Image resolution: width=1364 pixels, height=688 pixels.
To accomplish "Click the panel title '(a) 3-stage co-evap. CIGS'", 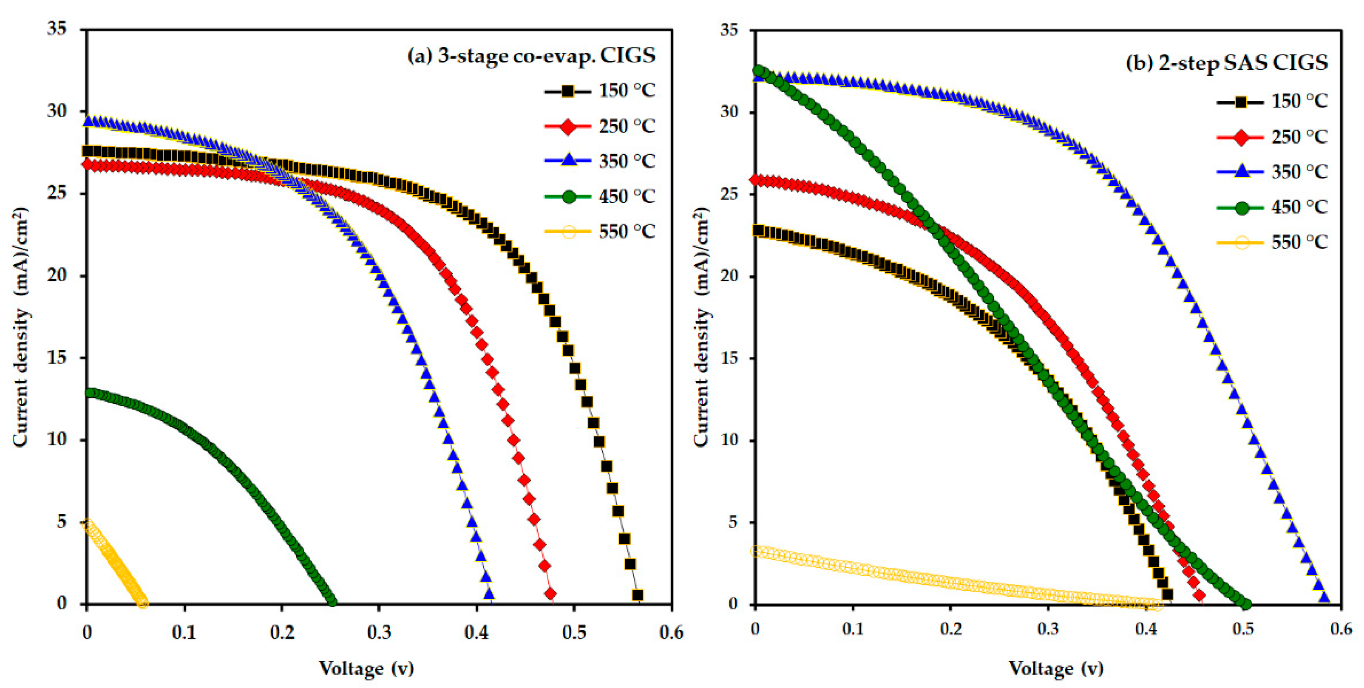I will coord(531,55).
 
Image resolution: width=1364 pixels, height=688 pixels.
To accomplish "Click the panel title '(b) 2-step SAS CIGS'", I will coord(1226,63).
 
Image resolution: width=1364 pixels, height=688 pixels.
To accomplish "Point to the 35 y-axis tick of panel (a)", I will coord(57,29).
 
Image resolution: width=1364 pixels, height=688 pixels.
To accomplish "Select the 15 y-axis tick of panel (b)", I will coord(729,358).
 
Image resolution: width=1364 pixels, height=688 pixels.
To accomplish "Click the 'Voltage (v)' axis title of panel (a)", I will coord(366,668).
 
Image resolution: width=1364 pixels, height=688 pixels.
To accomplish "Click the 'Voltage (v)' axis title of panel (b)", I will coord(1055,668).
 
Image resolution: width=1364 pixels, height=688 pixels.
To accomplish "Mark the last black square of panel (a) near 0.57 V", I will coord(637,595).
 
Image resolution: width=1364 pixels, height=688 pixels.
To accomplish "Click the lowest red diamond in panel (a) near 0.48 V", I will coord(550,593).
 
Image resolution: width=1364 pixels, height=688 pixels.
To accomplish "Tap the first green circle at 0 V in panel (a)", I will coord(91,393).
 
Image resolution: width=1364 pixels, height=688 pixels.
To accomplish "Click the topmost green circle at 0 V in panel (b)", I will coord(759,70).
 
